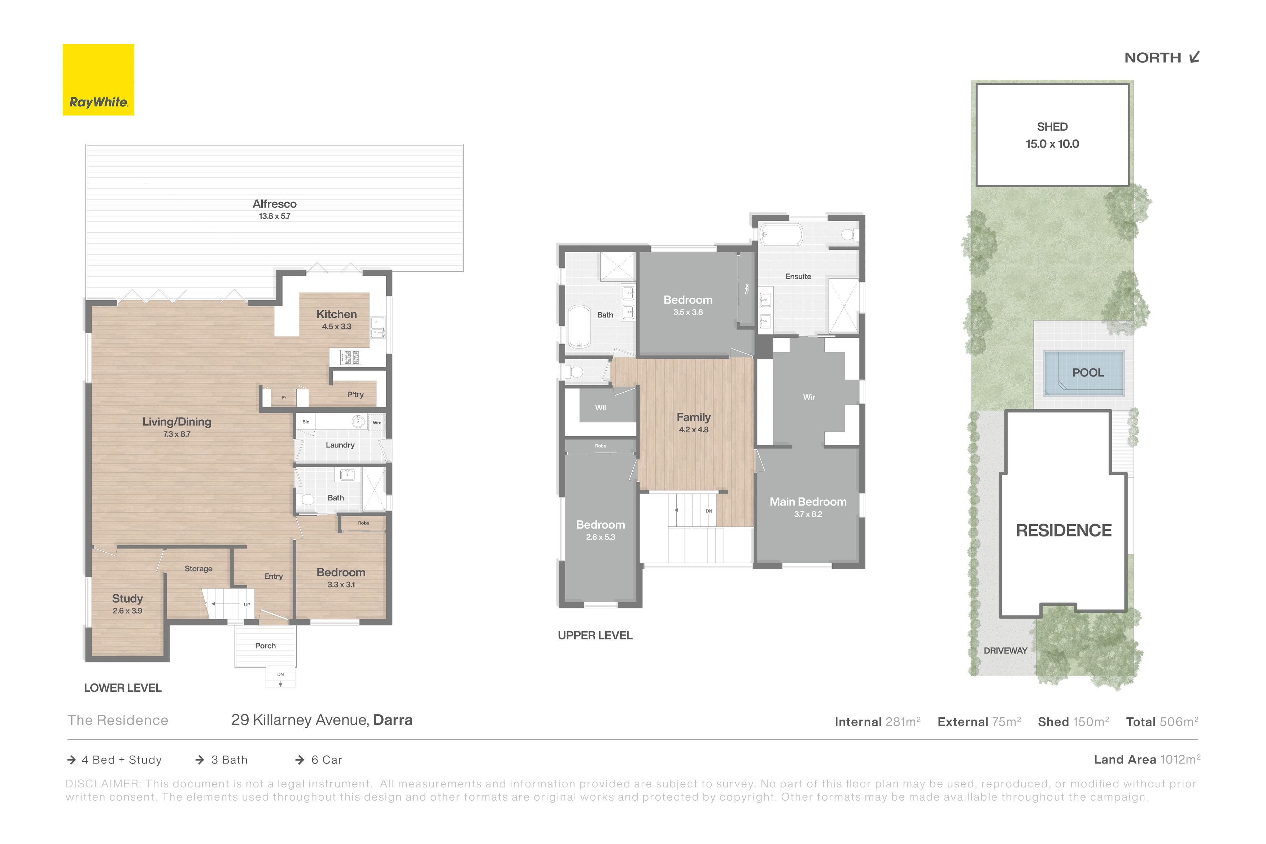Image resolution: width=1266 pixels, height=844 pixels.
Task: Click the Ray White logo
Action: click(x=99, y=80)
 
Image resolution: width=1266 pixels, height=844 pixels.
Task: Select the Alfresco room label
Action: click(x=275, y=204)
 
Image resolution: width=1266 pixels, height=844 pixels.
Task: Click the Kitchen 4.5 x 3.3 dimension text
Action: click(x=337, y=327)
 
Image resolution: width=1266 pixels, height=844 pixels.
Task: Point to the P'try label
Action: click(x=355, y=394)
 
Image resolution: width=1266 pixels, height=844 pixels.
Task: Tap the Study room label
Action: click(x=127, y=599)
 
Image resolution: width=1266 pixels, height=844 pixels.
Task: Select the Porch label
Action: click(x=265, y=646)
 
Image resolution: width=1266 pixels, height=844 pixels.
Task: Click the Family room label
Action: click(x=694, y=417)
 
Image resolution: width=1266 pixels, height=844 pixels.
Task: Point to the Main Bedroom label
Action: click(x=808, y=502)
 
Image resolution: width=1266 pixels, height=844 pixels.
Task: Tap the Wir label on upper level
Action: click(x=809, y=397)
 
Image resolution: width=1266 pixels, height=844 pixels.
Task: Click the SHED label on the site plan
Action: click(x=1052, y=127)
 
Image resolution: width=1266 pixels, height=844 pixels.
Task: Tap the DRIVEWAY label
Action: click(x=1005, y=651)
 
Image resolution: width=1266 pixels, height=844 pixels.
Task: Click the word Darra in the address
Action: click(x=393, y=720)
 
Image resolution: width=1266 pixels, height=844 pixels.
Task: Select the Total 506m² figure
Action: click(x=1163, y=722)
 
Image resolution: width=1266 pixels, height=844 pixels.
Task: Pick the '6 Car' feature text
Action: click(x=327, y=760)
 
